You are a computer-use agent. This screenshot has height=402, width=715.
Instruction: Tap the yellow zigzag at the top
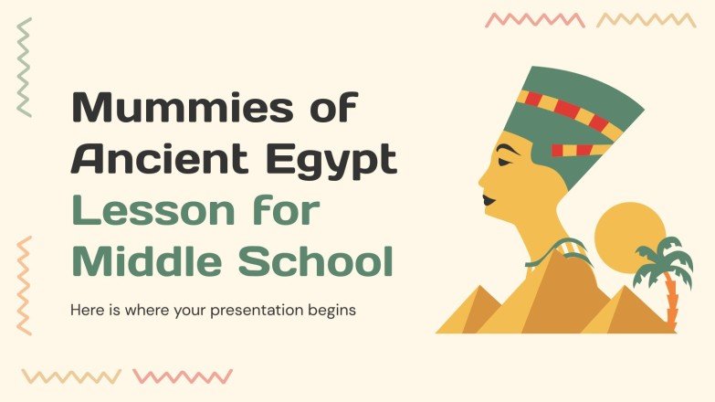[646, 20]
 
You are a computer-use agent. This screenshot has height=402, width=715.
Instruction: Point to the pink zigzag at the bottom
[183, 376]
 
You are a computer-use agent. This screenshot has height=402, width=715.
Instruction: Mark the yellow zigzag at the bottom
[71, 376]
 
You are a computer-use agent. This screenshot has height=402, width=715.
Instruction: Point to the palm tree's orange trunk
[672, 301]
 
